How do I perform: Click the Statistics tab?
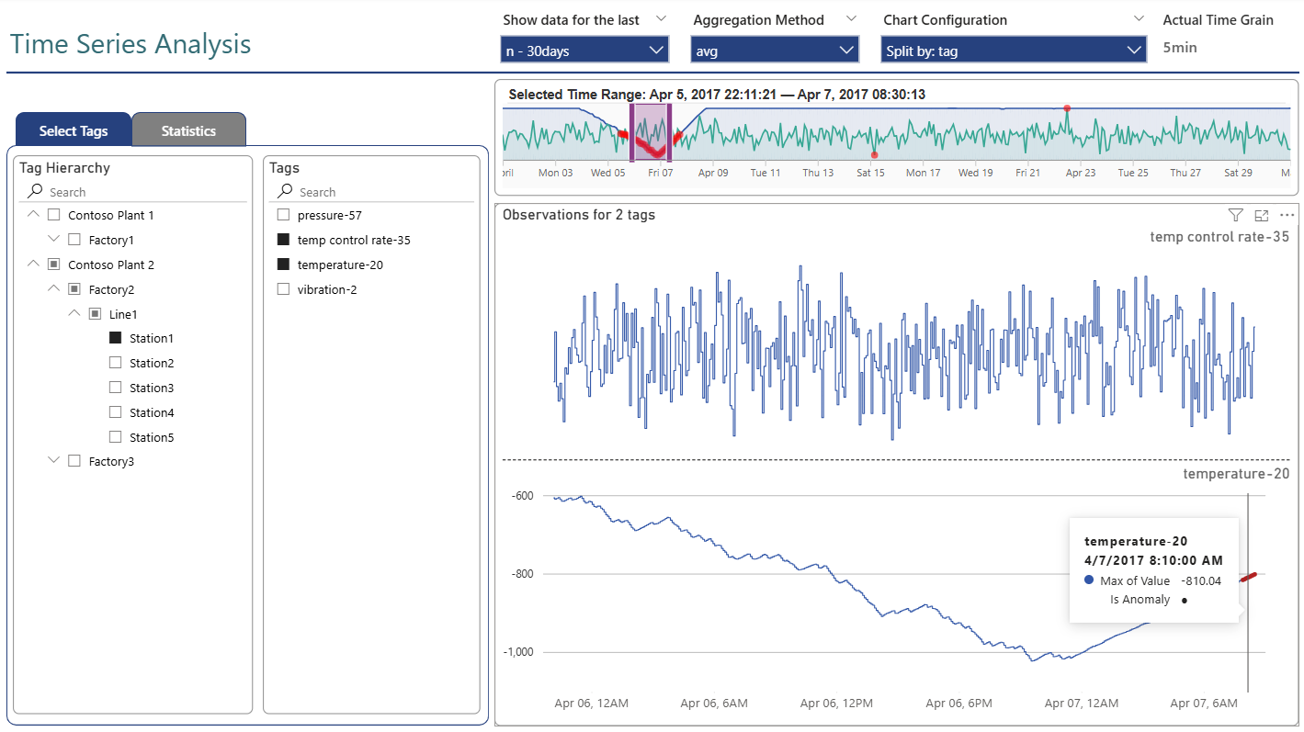tap(188, 130)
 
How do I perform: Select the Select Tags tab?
tap(74, 130)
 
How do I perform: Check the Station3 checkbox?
tap(116, 388)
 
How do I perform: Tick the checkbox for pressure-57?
tap(283, 215)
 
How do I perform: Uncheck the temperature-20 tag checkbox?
tap(283, 265)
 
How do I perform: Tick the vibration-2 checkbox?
tap(283, 289)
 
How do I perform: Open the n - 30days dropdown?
tap(584, 51)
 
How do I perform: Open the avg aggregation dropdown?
tap(775, 51)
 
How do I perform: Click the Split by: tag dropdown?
tap(1013, 51)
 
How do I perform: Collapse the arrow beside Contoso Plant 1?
tap(34, 215)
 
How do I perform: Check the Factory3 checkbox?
tap(75, 461)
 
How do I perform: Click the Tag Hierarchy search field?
tap(138, 192)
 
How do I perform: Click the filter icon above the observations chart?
tap(1235, 215)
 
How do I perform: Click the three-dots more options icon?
tap(1287, 215)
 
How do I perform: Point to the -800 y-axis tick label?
tap(520, 574)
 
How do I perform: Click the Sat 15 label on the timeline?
tap(870, 173)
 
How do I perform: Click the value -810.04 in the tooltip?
tap(1201, 580)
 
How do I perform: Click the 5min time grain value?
tap(1180, 48)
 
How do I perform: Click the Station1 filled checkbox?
tap(116, 338)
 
